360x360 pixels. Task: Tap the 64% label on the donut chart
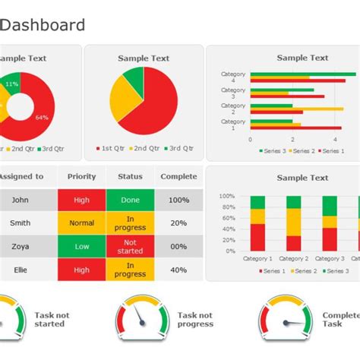pos(42,117)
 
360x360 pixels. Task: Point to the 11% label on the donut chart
pos(12,84)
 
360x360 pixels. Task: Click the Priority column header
pos(81,176)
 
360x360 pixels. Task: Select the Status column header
pos(130,176)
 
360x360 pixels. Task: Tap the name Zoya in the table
pos(20,246)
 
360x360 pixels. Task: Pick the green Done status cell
pos(130,200)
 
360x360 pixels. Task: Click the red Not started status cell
pos(130,246)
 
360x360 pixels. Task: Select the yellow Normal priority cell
pos(81,223)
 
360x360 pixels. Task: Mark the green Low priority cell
pos(81,246)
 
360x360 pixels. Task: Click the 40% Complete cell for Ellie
pos(178,270)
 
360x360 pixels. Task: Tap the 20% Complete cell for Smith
pos(178,223)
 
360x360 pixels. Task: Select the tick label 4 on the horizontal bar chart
pos(335,140)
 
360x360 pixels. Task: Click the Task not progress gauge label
pos(195,320)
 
